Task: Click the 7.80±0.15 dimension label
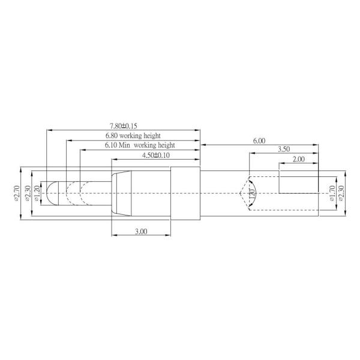[124, 126]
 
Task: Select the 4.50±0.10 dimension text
[156, 155]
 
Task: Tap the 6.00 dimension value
[259, 141]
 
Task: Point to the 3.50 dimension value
[284, 149]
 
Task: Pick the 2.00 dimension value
[298, 160]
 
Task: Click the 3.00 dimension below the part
[141, 232]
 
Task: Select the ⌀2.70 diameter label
[17, 193]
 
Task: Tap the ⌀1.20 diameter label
[37, 193]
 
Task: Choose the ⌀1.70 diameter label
[332, 193]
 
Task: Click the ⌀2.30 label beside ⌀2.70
[28, 193]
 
